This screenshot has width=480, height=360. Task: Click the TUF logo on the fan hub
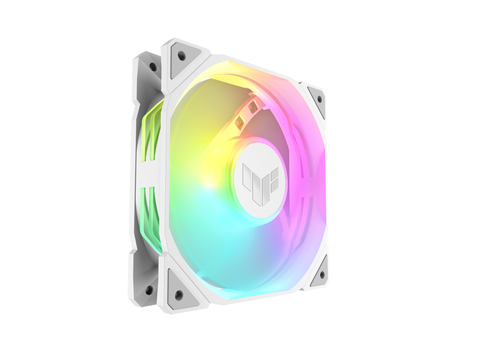260,183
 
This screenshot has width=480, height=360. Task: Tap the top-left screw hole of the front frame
181,55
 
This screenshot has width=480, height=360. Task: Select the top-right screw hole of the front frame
319,98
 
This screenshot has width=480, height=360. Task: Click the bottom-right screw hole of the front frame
322,274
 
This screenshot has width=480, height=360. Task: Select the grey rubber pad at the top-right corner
317,99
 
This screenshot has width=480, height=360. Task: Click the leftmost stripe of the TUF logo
247,177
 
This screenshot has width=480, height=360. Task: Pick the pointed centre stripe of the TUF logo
258,192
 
